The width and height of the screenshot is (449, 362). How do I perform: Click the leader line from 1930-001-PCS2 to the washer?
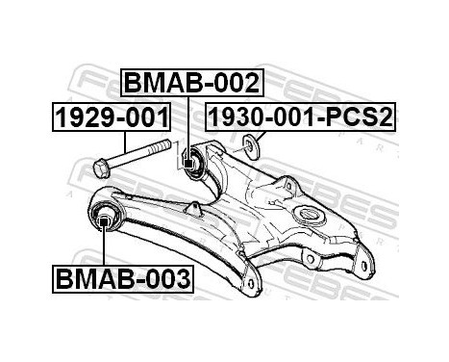(260, 137)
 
